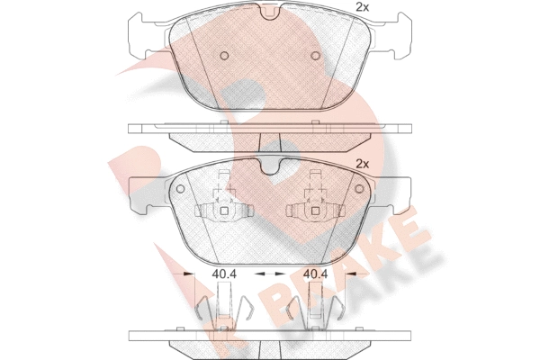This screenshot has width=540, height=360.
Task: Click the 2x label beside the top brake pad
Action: pos(362,7)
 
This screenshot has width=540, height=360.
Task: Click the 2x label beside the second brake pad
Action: pos(362,165)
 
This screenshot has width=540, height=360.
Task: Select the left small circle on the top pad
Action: pos(224,56)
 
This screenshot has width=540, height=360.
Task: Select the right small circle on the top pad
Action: pos(316,56)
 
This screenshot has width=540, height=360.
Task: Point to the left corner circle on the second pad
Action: pos(180,188)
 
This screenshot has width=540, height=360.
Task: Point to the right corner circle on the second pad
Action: pos(359,188)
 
